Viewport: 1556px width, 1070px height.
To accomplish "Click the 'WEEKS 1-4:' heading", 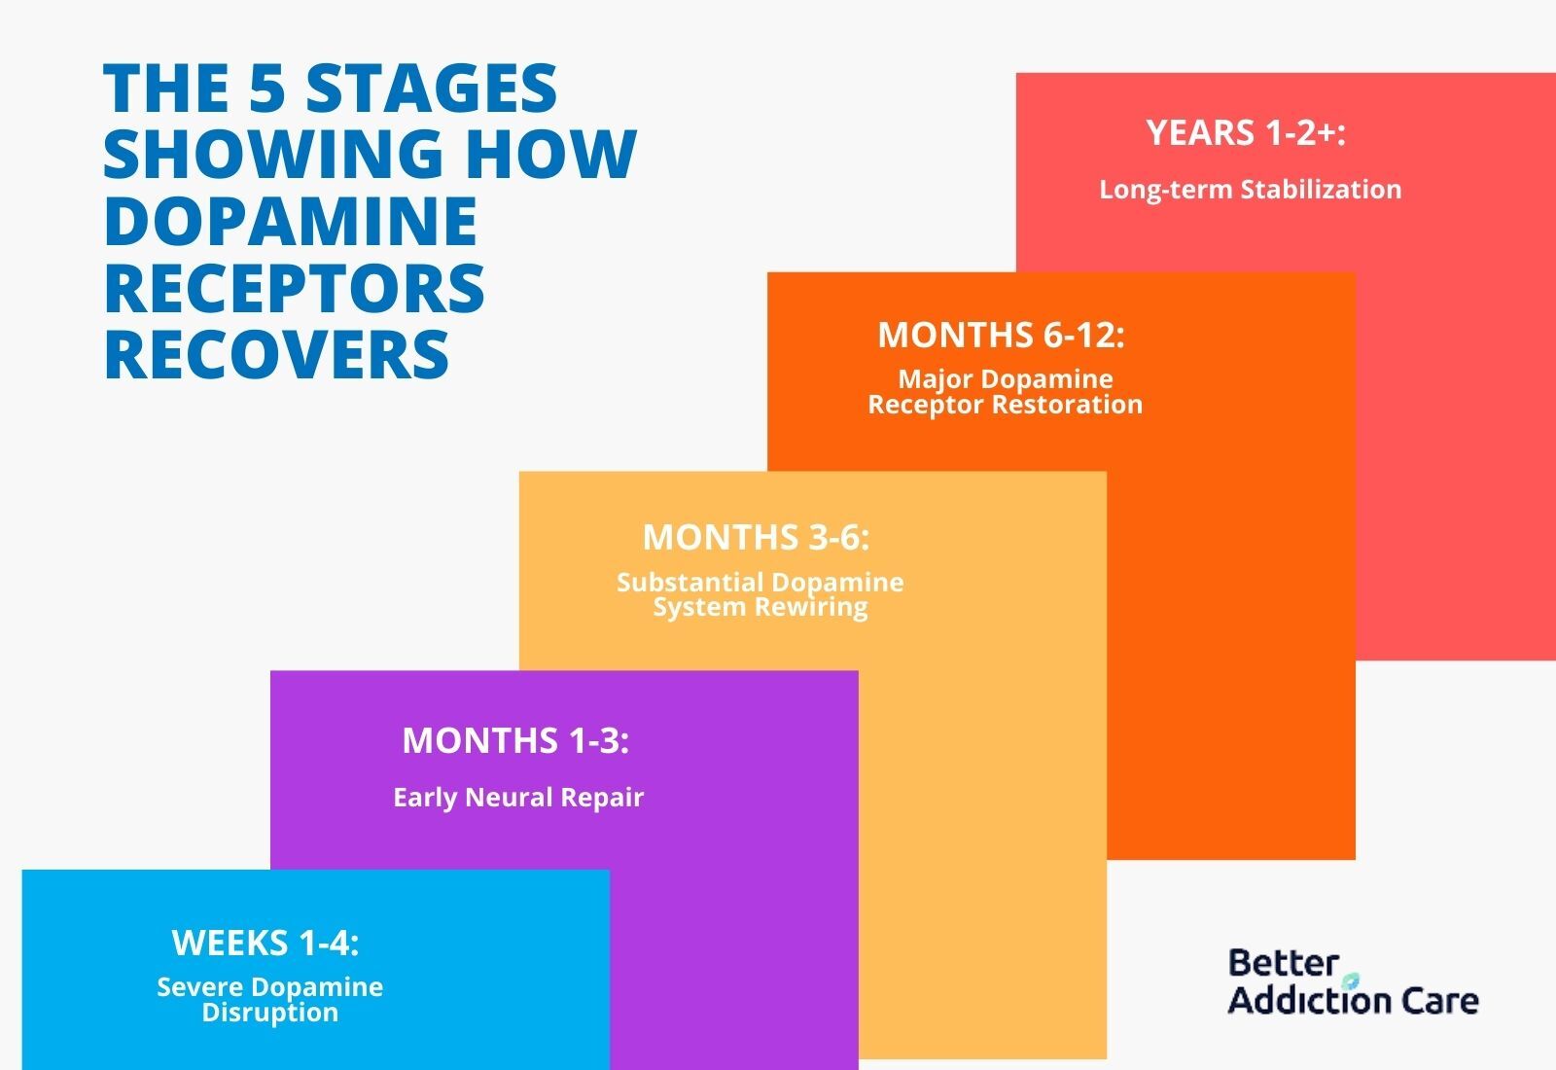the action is tap(265, 943).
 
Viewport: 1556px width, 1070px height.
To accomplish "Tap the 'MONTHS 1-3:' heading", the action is tap(515, 740).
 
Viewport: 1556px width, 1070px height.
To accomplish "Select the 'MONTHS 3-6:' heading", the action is tap(756, 537).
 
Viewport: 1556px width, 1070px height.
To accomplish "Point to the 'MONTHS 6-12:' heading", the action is tap(1001, 335).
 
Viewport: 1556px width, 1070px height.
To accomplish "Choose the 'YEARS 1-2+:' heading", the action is tap(1246, 132).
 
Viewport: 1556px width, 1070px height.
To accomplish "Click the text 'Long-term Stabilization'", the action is tap(1251, 190).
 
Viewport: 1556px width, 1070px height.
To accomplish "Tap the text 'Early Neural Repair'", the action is tap(518, 797).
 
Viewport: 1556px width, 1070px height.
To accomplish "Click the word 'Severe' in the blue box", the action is tap(198, 986).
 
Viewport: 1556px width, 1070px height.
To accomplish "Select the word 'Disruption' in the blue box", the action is tap(270, 1013).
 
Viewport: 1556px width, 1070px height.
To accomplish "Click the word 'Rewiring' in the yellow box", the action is tap(811, 607).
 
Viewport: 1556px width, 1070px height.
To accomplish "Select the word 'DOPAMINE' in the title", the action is tap(291, 220).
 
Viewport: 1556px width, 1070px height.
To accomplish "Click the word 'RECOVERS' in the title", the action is tap(276, 354).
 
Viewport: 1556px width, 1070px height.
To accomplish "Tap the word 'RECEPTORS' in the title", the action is tap(295, 287).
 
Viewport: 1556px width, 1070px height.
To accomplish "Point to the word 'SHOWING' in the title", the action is tap(273, 154).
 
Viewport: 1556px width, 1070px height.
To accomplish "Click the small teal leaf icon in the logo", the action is tap(1350, 981).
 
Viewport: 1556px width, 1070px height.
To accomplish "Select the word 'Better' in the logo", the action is tap(1283, 964).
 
